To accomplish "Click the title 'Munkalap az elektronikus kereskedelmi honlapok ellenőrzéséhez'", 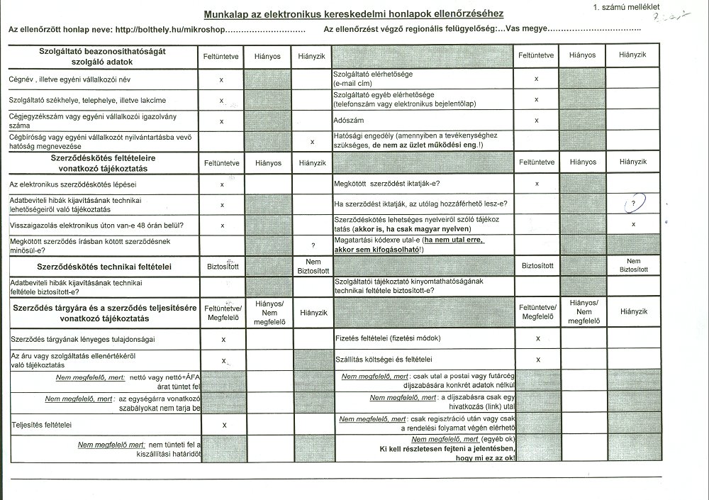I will [353, 14].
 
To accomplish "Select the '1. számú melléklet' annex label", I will [625, 6].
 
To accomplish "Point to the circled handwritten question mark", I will [632, 204].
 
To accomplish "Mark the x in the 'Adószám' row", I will [537, 121].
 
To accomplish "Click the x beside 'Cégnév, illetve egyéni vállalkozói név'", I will [222, 80].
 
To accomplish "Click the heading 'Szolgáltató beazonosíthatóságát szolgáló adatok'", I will [103, 56].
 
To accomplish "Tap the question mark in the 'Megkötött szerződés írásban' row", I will [312, 245].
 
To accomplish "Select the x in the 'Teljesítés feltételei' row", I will [224, 425].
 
